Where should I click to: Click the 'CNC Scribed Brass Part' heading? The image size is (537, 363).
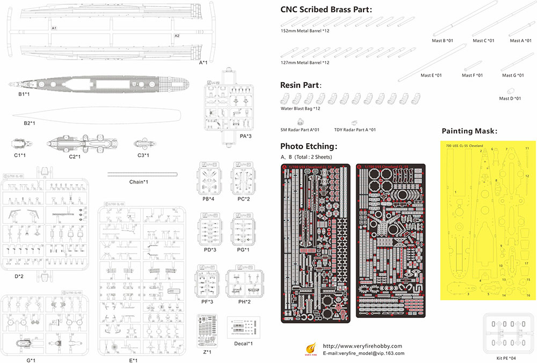click(326, 10)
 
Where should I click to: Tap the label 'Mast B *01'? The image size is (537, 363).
click(442, 41)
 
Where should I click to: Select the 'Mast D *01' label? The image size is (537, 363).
click(510, 99)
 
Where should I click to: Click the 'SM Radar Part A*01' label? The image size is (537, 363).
click(300, 130)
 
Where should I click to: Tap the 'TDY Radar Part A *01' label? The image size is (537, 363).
click(355, 130)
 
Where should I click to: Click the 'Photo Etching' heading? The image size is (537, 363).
click(309, 146)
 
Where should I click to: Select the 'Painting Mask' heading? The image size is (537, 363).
click(469, 131)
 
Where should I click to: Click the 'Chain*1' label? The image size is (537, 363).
click(139, 182)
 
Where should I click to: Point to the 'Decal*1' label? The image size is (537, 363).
click(244, 343)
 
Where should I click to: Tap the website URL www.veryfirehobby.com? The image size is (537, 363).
click(362, 346)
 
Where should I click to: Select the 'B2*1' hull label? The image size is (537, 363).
click(30, 123)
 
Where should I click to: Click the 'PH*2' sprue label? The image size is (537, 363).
click(244, 302)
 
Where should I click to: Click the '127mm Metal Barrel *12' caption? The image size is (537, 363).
click(305, 63)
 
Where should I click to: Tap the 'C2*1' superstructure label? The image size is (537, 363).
click(75, 157)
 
